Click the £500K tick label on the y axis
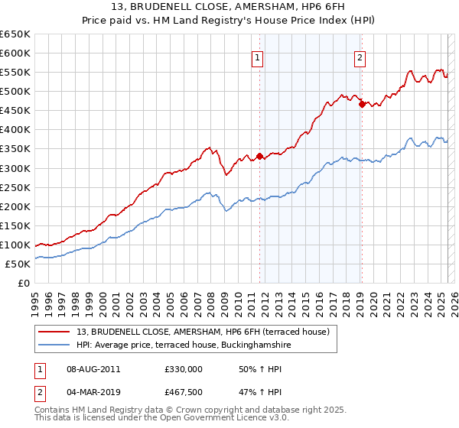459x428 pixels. (x=15, y=92)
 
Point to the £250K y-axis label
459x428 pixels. (x=15, y=187)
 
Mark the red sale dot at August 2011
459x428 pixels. (x=259, y=157)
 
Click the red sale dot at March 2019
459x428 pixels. (x=362, y=104)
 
